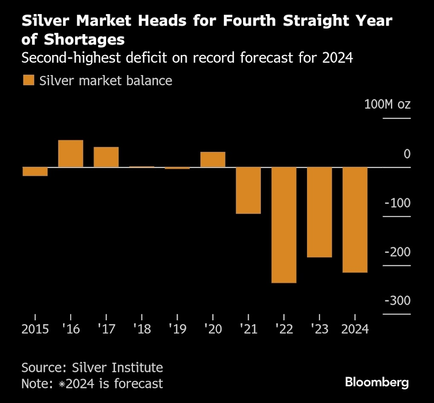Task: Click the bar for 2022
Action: (x=284, y=225)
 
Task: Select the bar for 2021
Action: (x=248, y=190)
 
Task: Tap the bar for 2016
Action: (x=70, y=154)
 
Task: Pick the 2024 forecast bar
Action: (x=355, y=220)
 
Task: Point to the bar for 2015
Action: (x=35, y=171)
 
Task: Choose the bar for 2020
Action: (x=213, y=159)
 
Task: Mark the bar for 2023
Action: (x=319, y=212)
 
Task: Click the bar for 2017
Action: (x=106, y=157)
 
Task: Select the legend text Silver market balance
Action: (x=106, y=81)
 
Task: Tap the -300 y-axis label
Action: (x=397, y=301)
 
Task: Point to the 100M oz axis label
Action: (x=387, y=104)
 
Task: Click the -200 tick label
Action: (x=397, y=252)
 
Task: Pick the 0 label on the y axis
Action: (x=407, y=154)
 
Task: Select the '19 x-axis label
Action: (x=177, y=329)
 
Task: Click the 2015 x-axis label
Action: (x=35, y=329)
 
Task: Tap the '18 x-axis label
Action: (x=142, y=329)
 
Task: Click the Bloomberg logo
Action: (x=377, y=382)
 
